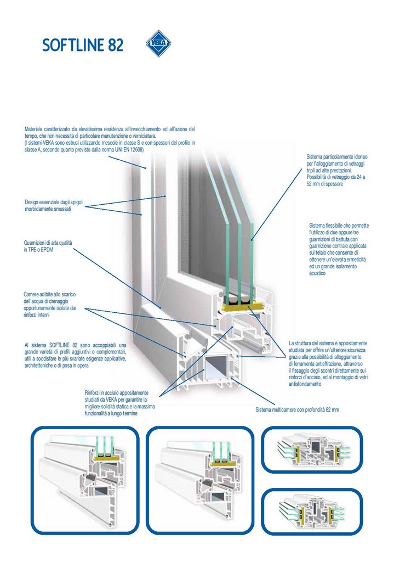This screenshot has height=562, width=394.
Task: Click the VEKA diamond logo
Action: (x=158, y=43)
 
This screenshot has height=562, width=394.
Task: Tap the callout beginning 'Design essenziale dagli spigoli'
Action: (x=54, y=205)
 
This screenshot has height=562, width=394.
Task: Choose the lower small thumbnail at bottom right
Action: (x=312, y=512)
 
